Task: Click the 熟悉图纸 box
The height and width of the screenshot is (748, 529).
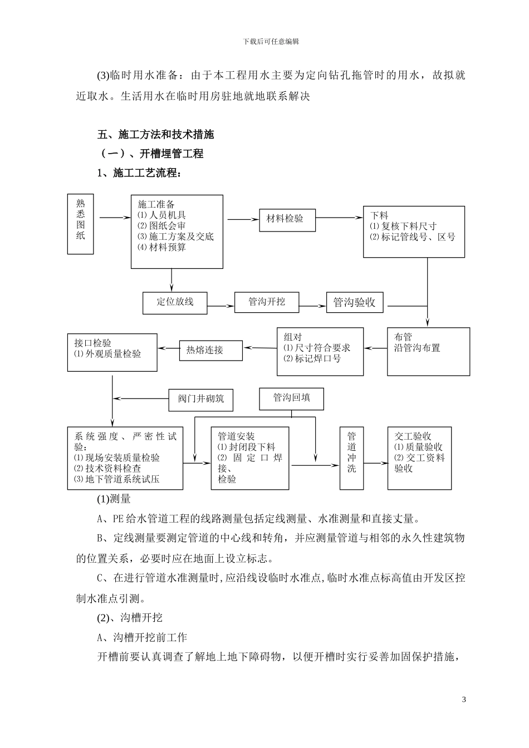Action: pos(81,224)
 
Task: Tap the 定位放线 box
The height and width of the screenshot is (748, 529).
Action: pos(175,302)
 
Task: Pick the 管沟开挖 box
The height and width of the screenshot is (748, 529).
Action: pos(267,302)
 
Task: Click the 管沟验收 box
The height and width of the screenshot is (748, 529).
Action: pos(355,303)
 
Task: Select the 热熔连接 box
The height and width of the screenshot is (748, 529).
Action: pos(211,350)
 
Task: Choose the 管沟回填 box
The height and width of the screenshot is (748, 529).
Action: pos(291,398)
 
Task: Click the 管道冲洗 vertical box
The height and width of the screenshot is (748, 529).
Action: pos(351,457)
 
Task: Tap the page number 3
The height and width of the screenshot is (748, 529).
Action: pos(464,699)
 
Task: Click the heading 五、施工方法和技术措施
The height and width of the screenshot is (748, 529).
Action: pos(156,135)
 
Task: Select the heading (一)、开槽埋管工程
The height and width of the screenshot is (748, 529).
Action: pos(151,154)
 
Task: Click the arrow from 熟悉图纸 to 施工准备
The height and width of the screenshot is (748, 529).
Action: pos(111,218)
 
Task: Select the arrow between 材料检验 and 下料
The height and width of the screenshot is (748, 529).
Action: pos(340,219)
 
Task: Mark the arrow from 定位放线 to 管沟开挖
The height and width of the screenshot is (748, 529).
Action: pos(221,305)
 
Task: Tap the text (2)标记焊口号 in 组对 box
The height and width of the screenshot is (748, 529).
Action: pos(312,358)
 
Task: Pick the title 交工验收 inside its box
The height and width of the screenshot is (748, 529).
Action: pos(413,436)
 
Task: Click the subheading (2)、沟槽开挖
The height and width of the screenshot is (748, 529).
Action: pos(130,618)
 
